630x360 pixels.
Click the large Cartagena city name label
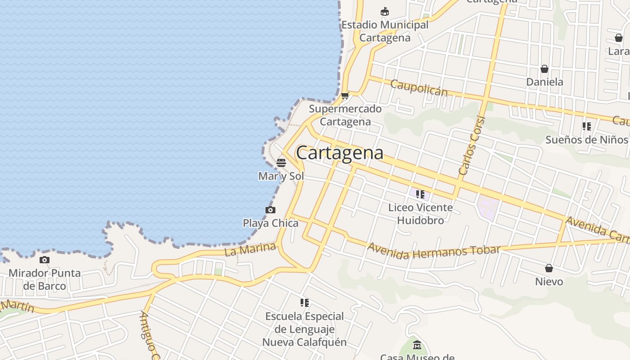pyautogui.click(x=340, y=153)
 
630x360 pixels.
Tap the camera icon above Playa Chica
pyautogui.click(x=270, y=210)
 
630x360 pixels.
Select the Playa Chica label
pyautogui.click(x=270, y=223)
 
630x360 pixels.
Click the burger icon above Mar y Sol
pyautogui.click(x=281, y=162)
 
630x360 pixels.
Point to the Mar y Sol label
pyautogui.click(x=281, y=176)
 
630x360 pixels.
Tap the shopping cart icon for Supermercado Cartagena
pyautogui.click(x=345, y=95)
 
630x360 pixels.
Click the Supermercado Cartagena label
pyautogui.click(x=345, y=115)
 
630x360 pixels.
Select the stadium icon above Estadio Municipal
pyautogui.click(x=384, y=12)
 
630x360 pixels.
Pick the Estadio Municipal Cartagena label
pyautogui.click(x=385, y=31)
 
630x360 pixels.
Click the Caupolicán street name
pyautogui.click(x=418, y=88)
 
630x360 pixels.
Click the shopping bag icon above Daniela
pyautogui.click(x=544, y=69)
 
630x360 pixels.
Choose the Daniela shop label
pyautogui.click(x=544, y=82)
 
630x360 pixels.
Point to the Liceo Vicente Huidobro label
pyautogui.click(x=420, y=214)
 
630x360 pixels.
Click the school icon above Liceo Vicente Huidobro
pyautogui.click(x=420, y=194)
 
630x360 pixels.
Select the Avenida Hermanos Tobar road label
pyautogui.click(x=434, y=251)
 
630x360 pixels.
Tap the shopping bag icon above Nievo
pyautogui.click(x=549, y=268)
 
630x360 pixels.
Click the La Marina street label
pyautogui.click(x=250, y=249)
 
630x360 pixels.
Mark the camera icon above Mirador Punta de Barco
pyautogui.click(x=44, y=260)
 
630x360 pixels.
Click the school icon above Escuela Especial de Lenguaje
pyautogui.click(x=305, y=303)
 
